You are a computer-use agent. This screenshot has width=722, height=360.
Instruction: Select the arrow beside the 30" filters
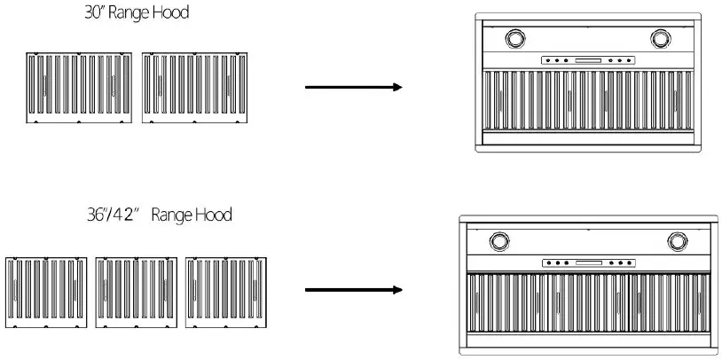[353, 87]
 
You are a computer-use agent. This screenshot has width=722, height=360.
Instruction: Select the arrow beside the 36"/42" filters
[353, 290]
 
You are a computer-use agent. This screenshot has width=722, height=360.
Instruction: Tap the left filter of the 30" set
[79, 87]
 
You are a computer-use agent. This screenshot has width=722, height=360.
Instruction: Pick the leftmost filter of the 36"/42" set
[44, 292]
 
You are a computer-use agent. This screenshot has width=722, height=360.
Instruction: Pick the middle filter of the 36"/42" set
[135, 292]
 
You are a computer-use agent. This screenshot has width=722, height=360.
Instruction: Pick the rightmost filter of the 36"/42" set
[225, 292]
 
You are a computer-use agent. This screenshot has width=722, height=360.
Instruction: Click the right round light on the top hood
[661, 38]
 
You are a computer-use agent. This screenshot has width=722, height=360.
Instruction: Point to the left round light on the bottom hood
[499, 240]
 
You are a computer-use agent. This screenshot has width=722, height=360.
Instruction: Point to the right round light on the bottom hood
[678, 240]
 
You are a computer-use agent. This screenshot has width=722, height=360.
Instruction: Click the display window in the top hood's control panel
[588, 61]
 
